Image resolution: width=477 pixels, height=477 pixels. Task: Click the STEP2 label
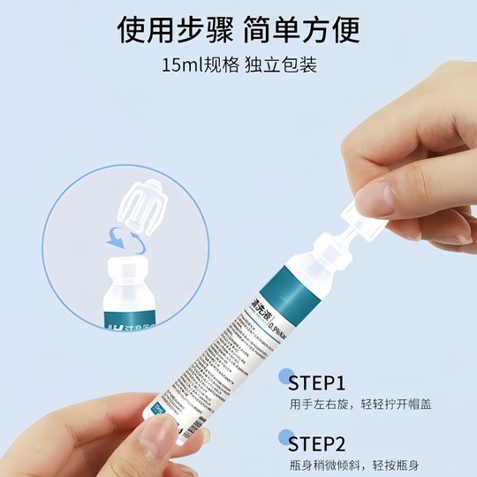coord(334,442)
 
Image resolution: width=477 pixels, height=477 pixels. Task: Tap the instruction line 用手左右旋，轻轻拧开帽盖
coord(360,406)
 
